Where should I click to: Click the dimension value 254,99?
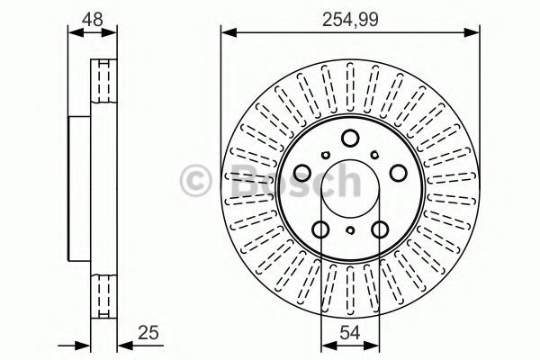pos(350,19)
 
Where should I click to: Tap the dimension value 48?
pos(93,19)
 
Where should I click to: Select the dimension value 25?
pos(148,333)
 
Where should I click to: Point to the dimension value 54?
pos(350,333)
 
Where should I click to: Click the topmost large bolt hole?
pos(350,138)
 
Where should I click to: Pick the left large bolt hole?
pos(302,173)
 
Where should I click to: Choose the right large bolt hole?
pos(399,173)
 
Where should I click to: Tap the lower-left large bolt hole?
pos(320,229)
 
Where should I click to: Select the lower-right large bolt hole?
pos(380,229)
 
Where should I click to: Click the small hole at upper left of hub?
pos(326,155)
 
